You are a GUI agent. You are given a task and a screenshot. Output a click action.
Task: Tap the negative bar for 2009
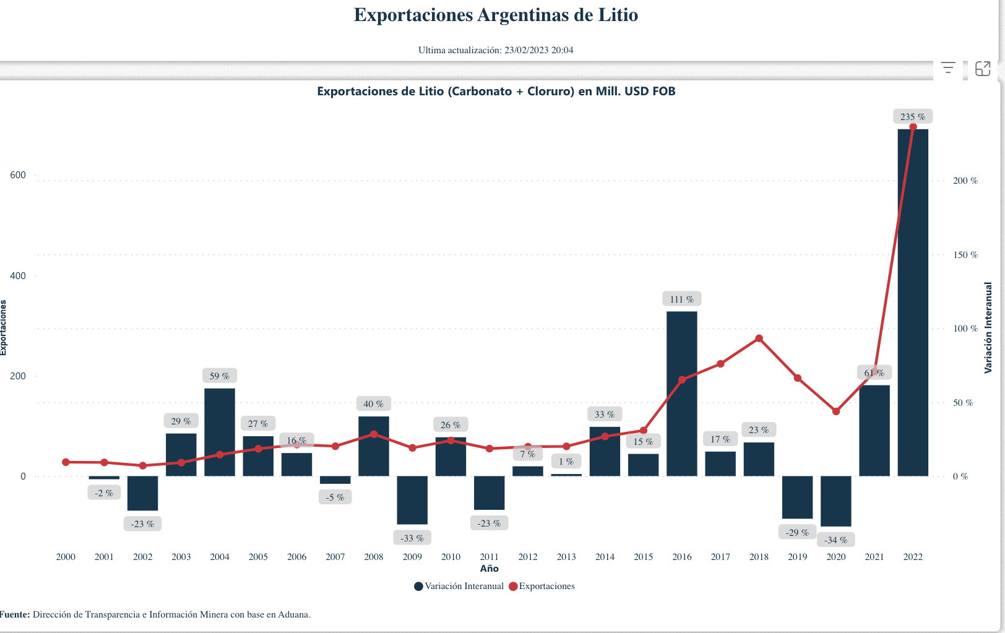(412, 500)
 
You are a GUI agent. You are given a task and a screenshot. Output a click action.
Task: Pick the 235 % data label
(912, 116)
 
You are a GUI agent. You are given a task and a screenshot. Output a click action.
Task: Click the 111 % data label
(681, 299)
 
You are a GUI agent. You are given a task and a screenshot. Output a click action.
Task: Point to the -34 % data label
(835, 540)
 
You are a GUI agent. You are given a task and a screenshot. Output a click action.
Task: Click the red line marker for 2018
(759, 338)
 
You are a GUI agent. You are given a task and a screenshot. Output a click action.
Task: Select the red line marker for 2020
(836, 411)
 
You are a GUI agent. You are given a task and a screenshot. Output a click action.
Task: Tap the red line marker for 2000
(66, 462)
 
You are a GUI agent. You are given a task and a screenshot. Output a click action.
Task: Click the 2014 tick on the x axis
(605, 557)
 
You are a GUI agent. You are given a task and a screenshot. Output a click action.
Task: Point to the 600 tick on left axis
(18, 175)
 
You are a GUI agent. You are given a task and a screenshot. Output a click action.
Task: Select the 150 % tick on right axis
(965, 255)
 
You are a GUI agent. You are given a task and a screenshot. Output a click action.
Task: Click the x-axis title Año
(489, 569)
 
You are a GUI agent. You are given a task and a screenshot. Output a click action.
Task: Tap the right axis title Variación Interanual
(988, 328)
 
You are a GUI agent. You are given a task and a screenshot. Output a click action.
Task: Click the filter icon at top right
(947, 68)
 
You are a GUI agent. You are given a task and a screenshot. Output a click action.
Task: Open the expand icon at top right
(983, 68)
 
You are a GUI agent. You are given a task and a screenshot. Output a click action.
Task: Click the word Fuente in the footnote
(15, 614)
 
